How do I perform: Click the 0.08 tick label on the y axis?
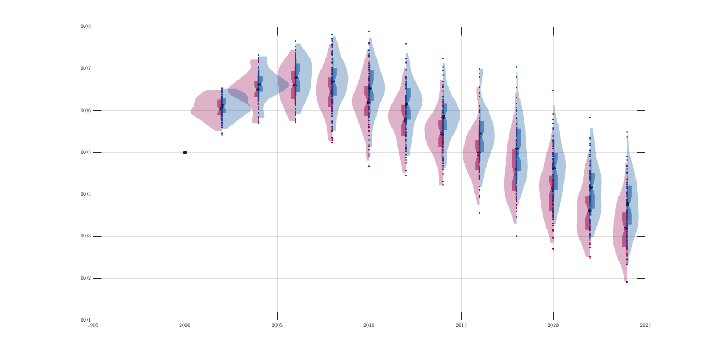[86, 27]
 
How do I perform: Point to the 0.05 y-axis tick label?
[86, 152]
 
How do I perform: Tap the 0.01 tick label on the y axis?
[86, 320]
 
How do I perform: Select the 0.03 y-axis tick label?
[86, 236]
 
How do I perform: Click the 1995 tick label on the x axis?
[93, 325]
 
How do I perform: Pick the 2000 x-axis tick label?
[185, 325]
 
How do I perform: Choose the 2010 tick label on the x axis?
[369, 325]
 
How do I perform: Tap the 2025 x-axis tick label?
[645, 325]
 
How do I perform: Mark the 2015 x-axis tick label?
[461, 325]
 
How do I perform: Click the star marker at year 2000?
[185, 152]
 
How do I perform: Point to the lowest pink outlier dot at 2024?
[627, 282]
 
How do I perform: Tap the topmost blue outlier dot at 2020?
[553, 90]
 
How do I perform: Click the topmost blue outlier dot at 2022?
[590, 117]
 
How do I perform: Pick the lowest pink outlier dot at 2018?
[516, 236]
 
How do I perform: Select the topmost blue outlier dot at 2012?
[406, 43]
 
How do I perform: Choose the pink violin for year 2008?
[322, 88]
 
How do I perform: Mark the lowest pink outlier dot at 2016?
[479, 213]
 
